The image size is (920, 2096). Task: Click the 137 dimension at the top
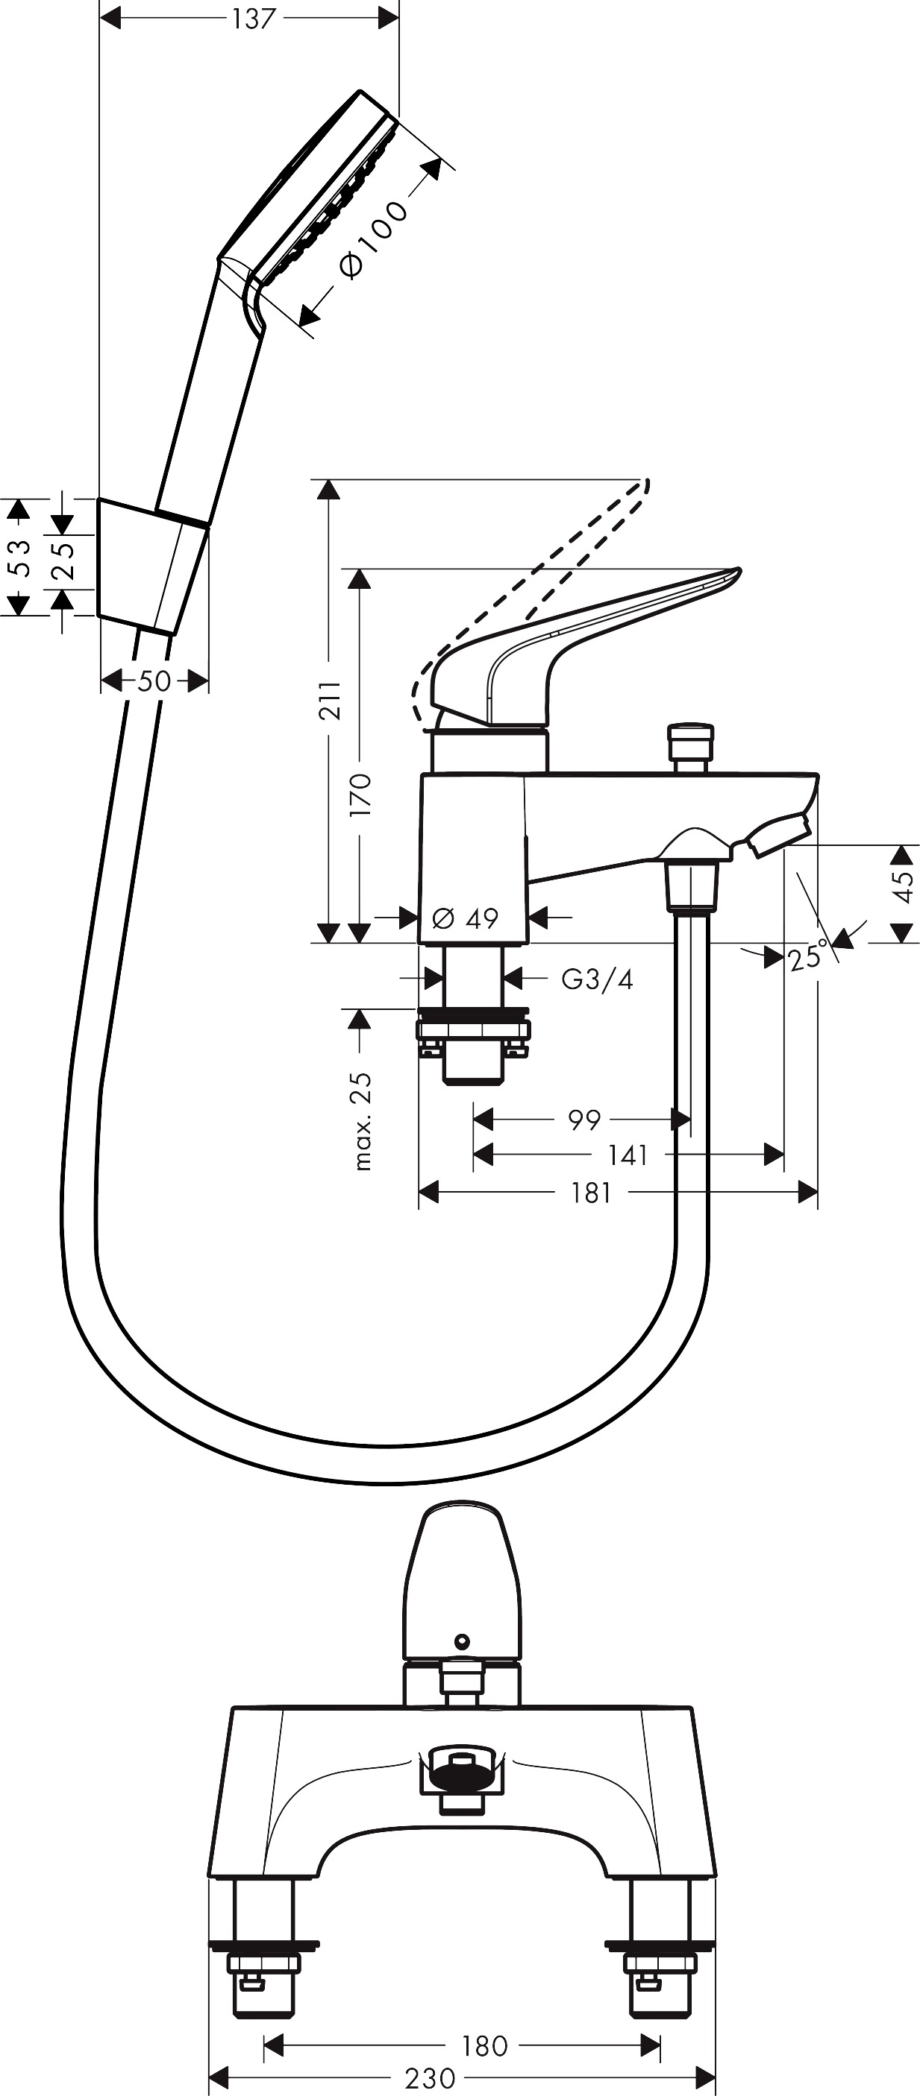253,18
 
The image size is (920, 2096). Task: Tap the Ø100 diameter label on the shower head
373,239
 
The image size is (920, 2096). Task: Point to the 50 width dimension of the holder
154,681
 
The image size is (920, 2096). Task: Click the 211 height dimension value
329,701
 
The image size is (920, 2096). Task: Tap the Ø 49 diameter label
465,918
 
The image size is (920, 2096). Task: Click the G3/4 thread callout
597,979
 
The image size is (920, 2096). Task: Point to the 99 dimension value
583,1120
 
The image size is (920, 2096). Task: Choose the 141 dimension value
628,1155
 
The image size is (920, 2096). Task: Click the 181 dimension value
591,1193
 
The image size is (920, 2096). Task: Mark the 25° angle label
807,956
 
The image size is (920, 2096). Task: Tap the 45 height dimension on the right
903,886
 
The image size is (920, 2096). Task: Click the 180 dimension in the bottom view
484,2045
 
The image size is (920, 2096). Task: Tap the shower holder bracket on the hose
152,566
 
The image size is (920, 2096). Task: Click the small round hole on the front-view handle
463,1640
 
